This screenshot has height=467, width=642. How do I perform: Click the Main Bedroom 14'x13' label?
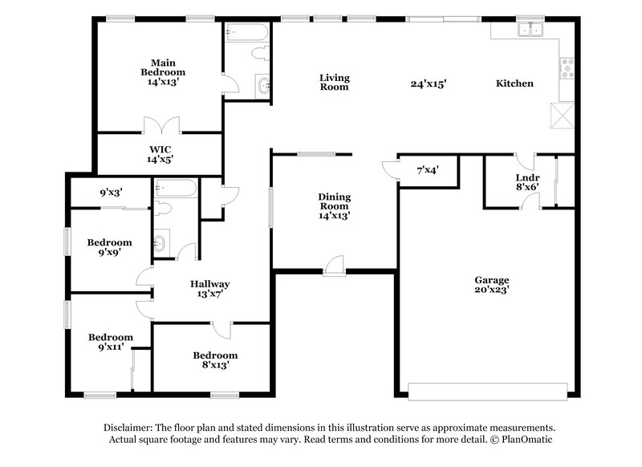point(158,71)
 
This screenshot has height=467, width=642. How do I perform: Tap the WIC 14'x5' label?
point(159,154)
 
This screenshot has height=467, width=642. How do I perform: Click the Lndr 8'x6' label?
point(526,181)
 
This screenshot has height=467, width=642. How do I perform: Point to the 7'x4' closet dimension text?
point(427,170)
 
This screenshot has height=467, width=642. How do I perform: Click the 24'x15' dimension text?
point(428,83)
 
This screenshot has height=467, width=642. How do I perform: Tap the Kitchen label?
point(514,83)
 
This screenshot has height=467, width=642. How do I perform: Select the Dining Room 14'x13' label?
point(335,205)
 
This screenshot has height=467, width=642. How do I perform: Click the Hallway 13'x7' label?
point(210,289)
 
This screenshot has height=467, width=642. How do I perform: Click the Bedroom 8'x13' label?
point(214,360)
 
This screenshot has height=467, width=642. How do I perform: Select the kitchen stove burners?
point(567,68)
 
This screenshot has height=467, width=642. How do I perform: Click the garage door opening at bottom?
point(486,392)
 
